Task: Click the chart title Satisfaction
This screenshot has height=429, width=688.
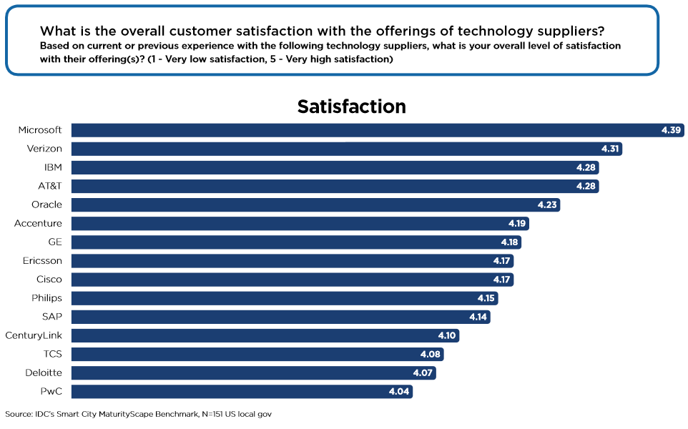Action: [351, 107]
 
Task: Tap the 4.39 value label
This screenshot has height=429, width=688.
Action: [672, 130]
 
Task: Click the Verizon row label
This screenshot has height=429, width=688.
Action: [45, 149]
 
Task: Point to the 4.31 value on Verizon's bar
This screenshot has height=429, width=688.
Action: [609, 149]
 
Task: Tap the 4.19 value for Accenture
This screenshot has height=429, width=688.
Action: [517, 223]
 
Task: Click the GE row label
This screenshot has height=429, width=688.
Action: [55, 242]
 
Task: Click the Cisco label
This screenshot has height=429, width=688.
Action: [49, 279]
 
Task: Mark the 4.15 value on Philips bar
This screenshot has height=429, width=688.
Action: [486, 297]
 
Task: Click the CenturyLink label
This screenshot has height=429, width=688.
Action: [34, 335]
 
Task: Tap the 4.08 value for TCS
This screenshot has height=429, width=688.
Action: [431, 353]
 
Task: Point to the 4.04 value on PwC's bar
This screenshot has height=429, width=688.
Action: [400, 391]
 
